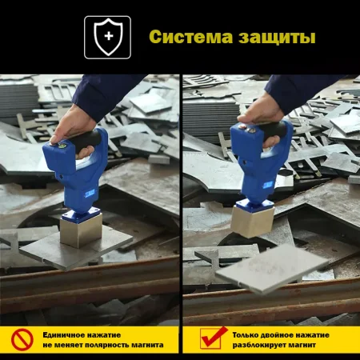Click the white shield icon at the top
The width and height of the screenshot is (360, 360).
point(107,37)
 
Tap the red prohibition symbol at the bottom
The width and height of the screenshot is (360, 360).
point(22,340)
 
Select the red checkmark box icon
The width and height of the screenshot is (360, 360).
point(210,339)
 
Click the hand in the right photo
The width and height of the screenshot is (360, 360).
point(254,112)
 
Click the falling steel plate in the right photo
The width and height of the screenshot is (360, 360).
point(270,267)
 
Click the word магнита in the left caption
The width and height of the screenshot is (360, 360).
point(149,346)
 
